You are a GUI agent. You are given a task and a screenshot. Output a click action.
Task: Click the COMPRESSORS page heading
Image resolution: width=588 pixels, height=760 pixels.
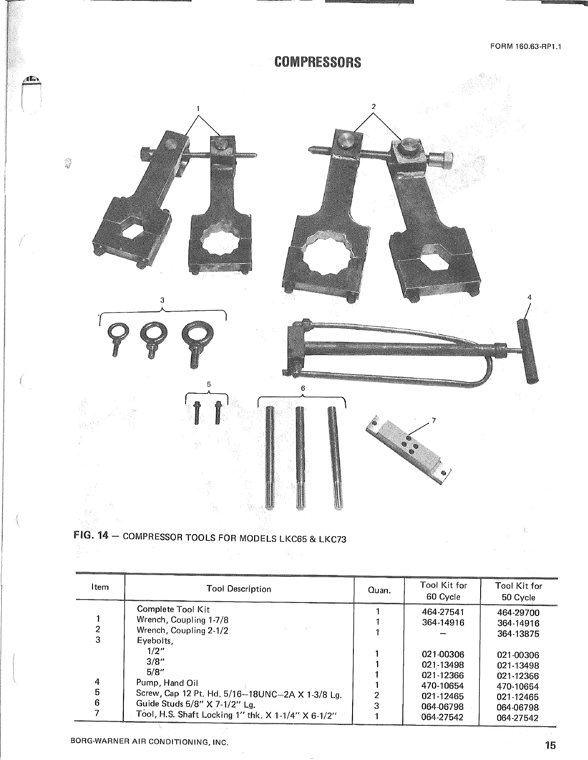click(318, 62)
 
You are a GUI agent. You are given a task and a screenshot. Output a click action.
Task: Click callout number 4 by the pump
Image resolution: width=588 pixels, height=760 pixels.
click(529, 297)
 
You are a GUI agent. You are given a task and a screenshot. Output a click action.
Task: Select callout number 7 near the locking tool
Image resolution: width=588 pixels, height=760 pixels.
click(433, 420)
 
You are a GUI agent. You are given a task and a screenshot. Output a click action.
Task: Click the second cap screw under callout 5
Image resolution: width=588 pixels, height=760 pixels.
click(218, 412)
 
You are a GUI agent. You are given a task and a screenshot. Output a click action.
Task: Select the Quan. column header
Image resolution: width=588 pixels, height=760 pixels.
click(379, 590)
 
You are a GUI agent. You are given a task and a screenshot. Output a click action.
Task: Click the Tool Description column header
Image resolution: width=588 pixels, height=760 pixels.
click(239, 589)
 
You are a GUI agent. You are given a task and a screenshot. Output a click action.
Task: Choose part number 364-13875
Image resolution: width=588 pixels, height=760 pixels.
click(518, 634)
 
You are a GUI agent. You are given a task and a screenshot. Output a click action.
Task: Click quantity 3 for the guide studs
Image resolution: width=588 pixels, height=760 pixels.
click(377, 706)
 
